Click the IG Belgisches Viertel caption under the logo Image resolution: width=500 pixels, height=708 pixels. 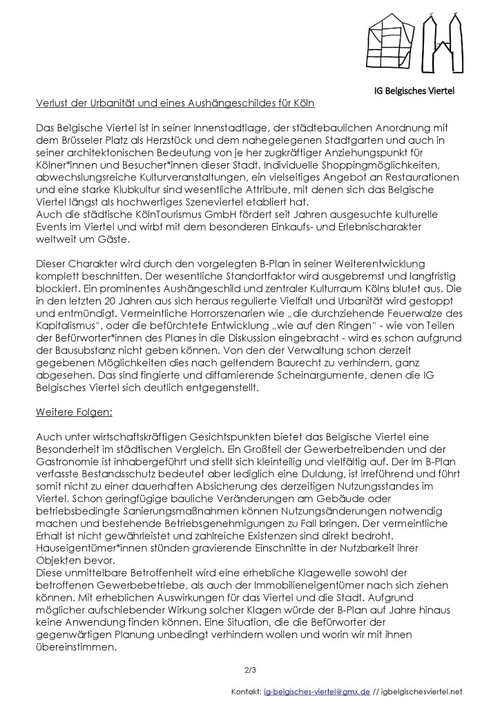pos(414,91)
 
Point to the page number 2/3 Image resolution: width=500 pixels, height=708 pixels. pos(250,669)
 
